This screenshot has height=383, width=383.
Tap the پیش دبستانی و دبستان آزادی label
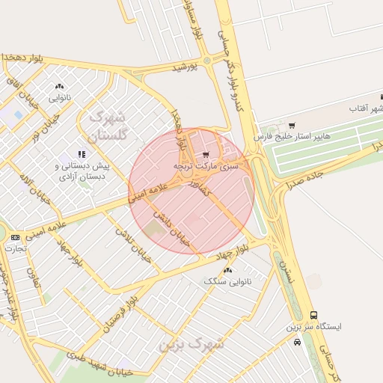(x=82, y=171)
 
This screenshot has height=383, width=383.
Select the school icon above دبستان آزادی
(x=82, y=154)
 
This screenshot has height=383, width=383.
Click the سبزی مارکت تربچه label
(x=206, y=165)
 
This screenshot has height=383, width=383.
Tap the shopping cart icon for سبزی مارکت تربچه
(x=206, y=155)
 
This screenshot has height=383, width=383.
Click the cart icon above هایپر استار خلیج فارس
(x=292, y=125)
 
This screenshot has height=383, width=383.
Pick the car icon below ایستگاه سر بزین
(x=298, y=342)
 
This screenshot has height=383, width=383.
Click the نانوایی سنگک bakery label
(x=228, y=281)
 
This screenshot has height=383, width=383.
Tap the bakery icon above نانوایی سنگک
(x=228, y=269)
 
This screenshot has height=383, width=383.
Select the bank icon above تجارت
(x=16, y=237)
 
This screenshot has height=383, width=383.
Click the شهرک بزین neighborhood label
(x=191, y=346)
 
